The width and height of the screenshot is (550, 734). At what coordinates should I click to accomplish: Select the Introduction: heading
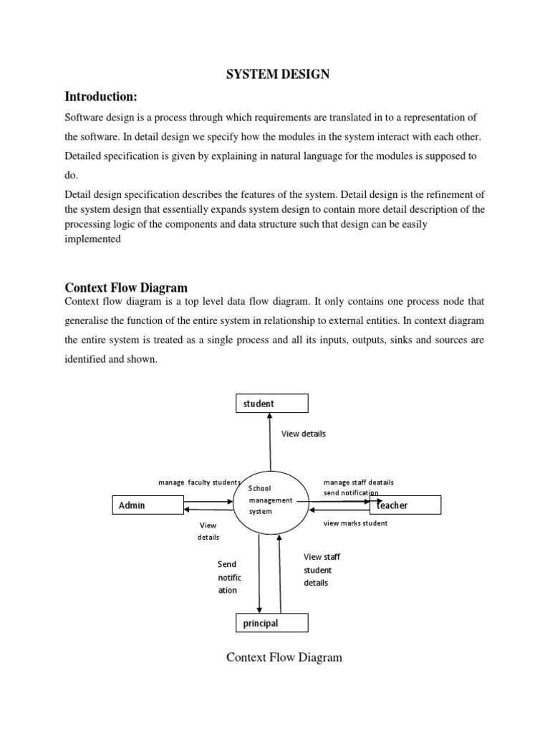click(101, 97)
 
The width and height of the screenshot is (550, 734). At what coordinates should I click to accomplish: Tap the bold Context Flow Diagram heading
click(126, 288)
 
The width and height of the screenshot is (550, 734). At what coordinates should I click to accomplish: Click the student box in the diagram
click(272, 404)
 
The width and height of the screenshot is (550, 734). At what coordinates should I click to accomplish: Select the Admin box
click(149, 505)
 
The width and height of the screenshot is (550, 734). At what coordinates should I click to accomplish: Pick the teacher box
click(405, 505)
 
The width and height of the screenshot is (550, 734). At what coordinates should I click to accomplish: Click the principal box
click(272, 623)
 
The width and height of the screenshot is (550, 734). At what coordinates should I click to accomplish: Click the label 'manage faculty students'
click(198, 482)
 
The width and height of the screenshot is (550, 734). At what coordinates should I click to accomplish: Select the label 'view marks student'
click(355, 523)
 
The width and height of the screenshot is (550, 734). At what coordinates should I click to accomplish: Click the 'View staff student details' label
click(322, 570)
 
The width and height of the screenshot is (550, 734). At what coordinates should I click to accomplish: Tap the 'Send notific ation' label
click(229, 577)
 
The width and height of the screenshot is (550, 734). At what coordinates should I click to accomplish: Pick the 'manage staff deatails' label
click(358, 482)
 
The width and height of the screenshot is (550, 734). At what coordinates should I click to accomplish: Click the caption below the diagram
click(284, 657)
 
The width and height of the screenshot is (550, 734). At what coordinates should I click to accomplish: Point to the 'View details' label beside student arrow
click(303, 434)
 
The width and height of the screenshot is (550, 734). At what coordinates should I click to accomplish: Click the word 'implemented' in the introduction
click(93, 241)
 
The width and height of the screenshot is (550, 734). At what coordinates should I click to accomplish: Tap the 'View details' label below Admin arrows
click(208, 531)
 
